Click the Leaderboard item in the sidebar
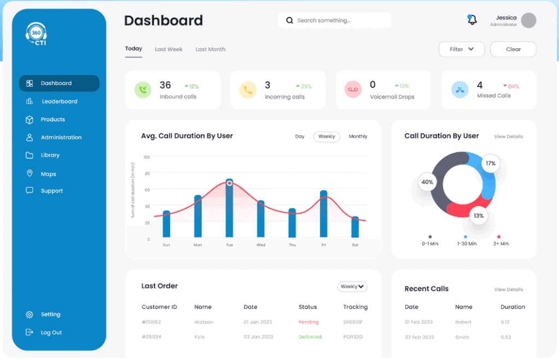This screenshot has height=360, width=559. click(x=59, y=101)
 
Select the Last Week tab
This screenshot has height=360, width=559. click(x=169, y=49)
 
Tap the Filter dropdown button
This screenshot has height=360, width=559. click(x=461, y=49)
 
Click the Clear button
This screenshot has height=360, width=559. click(x=513, y=49)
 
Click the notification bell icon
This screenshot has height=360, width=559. click(x=472, y=20)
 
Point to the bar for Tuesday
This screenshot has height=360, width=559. click(x=229, y=208)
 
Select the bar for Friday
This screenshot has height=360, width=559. click(x=323, y=214)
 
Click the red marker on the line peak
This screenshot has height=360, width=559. click(x=230, y=183)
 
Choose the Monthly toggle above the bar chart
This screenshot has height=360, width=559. click(x=358, y=136)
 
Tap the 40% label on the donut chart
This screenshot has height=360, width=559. click(x=427, y=182)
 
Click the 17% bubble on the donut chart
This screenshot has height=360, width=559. click(x=491, y=164)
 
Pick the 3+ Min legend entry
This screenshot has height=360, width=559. click(x=501, y=241)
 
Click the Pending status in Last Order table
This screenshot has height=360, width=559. click(x=308, y=322)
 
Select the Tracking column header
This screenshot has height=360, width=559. click(x=355, y=307)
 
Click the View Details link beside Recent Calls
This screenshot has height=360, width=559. click(x=508, y=290)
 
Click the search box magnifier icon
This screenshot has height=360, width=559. click(x=289, y=20)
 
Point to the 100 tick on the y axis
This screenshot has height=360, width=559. click(x=146, y=157)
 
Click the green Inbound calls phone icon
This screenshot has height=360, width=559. click(x=143, y=90)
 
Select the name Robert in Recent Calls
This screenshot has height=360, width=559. click(x=463, y=322)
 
